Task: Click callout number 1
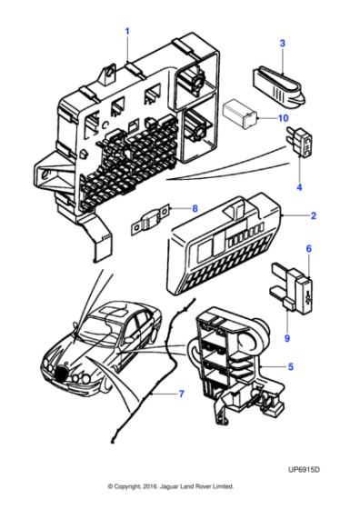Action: click(x=127, y=32)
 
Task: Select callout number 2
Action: click(x=313, y=216)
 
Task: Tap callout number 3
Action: click(x=282, y=44)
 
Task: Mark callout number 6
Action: click(x=308, y=248)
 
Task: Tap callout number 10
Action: click(x=283, y=118)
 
